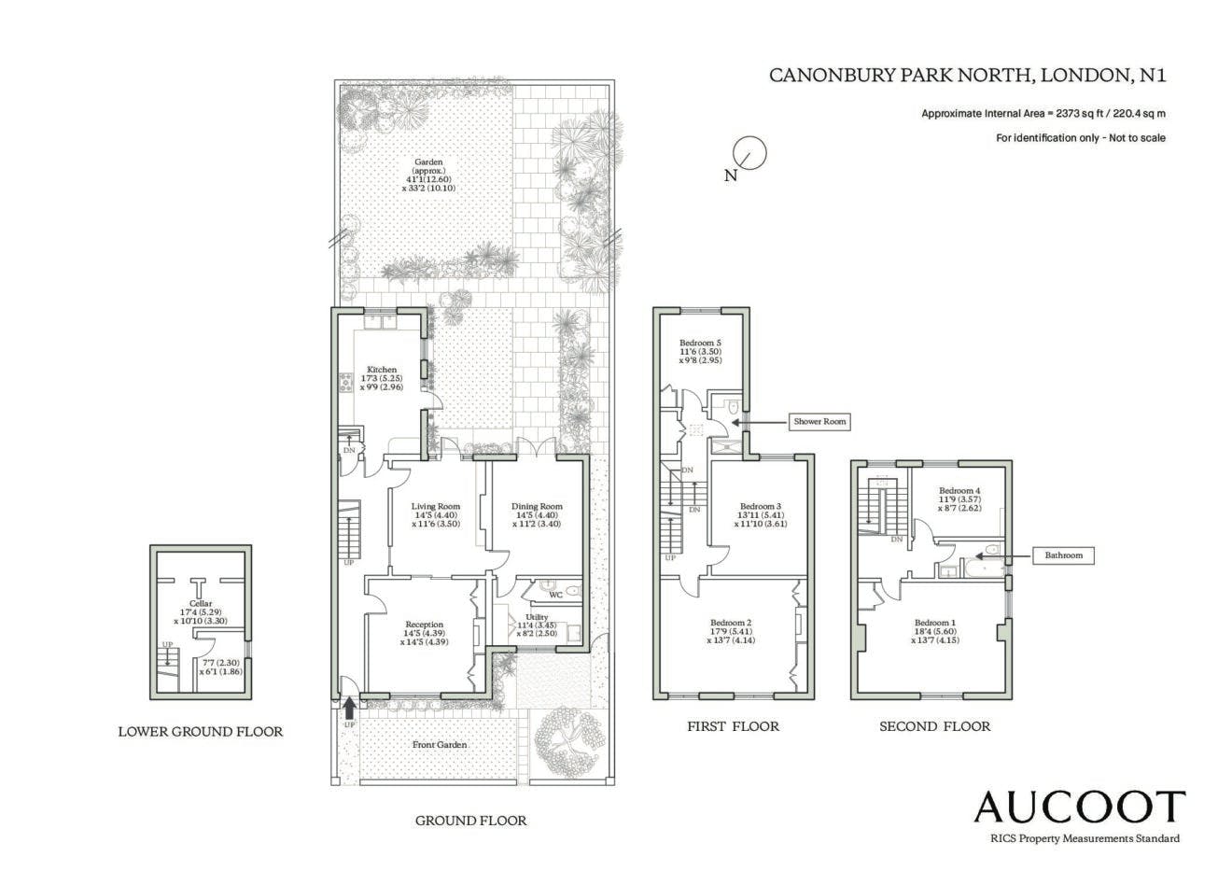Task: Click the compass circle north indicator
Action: (750, 153)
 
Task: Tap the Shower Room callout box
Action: (819, 421)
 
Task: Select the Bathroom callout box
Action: (1063, 555)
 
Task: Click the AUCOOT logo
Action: (1079, 807)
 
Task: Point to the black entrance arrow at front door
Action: (350, 709)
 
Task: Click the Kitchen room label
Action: (382, 370)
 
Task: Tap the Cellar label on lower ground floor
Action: (200, 604)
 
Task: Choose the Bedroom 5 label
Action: (700, 343)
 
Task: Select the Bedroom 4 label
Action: (959, 490)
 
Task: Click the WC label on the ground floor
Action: (556, 595)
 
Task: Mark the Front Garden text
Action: (440, 744)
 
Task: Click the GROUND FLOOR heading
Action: (470, 821)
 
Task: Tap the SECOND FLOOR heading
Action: (935, 726)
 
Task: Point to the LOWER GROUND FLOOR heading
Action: (200, 732)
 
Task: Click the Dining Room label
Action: (537, 506)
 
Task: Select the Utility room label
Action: (537, 617)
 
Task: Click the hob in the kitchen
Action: (346, 383)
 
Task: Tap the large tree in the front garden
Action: (567, 742)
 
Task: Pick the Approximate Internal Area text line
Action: (1043, 114)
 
